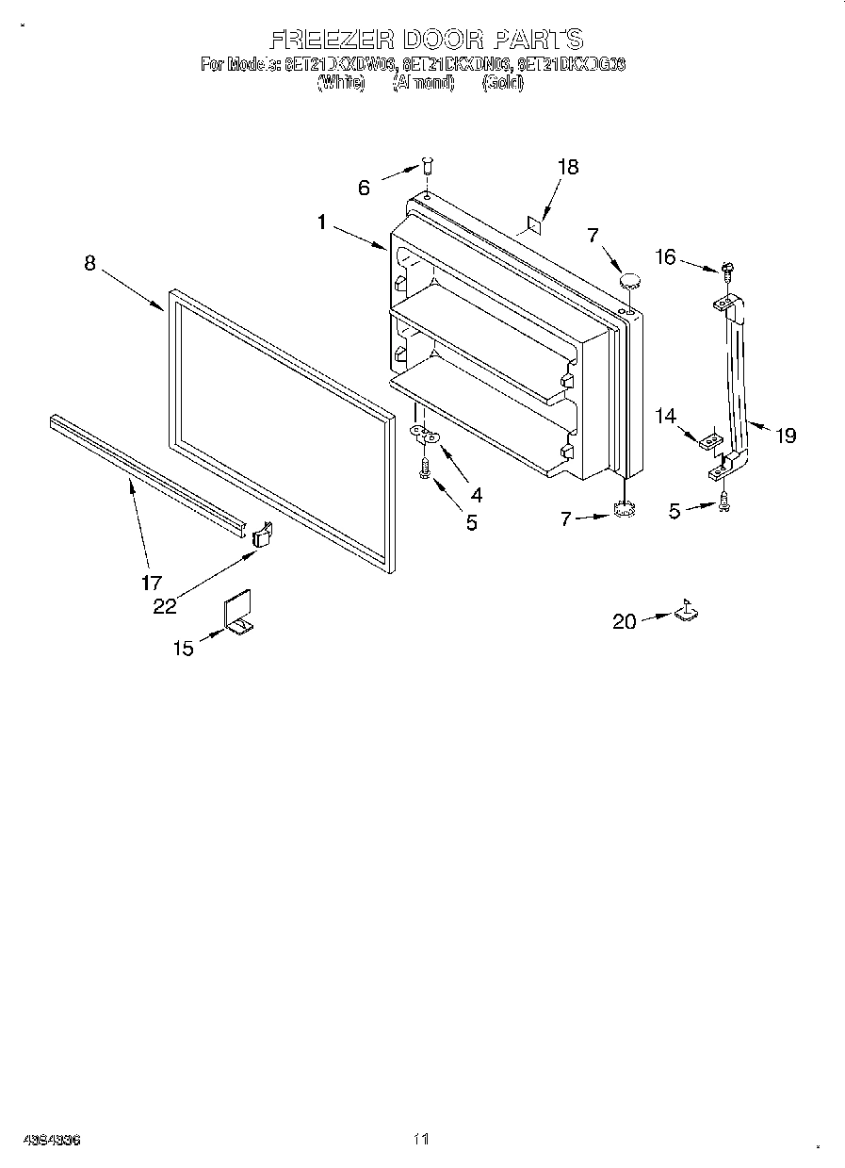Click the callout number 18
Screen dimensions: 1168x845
[567, 167]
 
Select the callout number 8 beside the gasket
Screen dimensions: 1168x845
[89, 263]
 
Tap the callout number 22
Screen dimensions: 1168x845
[165, 606]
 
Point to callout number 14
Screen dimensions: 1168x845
[666, 414]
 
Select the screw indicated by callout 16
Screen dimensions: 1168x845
[727, 271]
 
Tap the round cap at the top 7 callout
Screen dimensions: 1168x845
[629, 280]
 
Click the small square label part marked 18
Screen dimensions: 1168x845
[533, 225]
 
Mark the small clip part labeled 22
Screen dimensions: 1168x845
[262, 535]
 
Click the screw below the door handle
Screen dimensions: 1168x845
[723, 502]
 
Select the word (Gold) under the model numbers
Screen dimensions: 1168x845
[502, 83]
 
